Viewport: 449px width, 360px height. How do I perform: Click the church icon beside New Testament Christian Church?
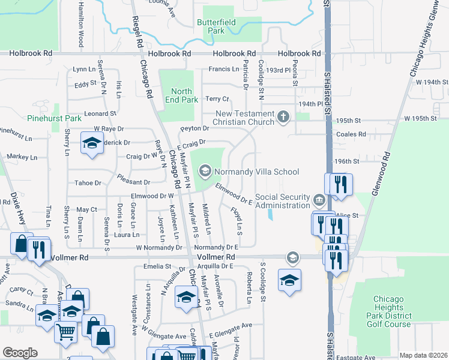[x=283, y=118]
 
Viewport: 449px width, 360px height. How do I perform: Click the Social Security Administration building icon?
[x=319, y=199]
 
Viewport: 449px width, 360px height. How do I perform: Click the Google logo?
[x=20, y=353]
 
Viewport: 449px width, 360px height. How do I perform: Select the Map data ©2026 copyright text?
[x=423, y=355]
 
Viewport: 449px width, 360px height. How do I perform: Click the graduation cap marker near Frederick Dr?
[x=91, y=145]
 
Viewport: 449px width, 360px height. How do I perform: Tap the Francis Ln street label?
[x=224, y=69]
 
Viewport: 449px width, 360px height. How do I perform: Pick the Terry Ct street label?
[x=217, y=98]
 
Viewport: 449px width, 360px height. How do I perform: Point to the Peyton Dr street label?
[x=194, y=128]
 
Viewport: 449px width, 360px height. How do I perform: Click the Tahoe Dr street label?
[x=87, y=183]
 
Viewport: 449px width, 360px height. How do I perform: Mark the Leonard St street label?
[x=100, y=113]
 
